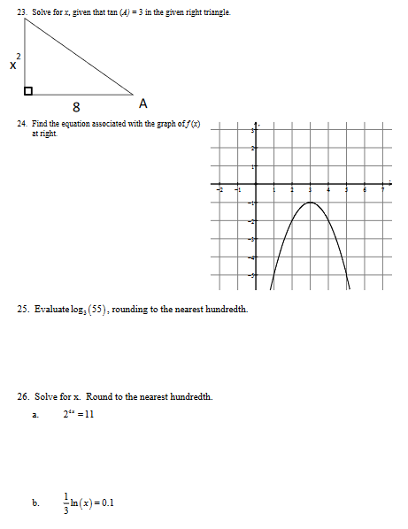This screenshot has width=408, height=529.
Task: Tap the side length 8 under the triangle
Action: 78,107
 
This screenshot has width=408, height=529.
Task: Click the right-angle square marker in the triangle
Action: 28,90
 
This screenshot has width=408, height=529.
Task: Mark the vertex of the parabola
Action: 310,203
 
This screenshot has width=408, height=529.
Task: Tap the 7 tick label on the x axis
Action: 382,189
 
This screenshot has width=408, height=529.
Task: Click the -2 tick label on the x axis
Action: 219,189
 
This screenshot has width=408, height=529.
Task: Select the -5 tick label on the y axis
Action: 250,276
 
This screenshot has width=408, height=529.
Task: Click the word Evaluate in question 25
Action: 51,310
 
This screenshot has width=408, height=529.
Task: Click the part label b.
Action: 35,503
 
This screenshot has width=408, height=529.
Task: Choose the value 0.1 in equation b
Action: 108,503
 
